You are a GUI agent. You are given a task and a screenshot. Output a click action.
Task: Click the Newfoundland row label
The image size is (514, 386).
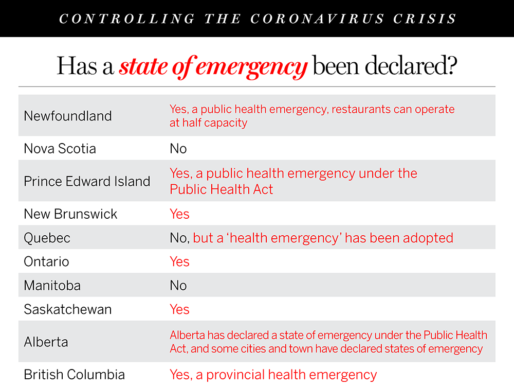pyautogui.click(x=67, y=116)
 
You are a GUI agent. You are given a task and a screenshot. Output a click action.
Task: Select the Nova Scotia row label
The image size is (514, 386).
pyautogui.click(x=60, y=149)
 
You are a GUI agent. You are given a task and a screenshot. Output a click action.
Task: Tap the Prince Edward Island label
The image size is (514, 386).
pyautogui.click(x=87, y=181)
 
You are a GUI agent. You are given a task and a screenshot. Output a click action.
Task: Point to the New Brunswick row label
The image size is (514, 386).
pyautogui.click(x=70, y=214)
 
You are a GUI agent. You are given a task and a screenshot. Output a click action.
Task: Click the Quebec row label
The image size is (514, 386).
pyautogui.click(x=47, y=238)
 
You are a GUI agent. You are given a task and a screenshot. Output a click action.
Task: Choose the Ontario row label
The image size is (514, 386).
pyautogui.click(x=46, y=261)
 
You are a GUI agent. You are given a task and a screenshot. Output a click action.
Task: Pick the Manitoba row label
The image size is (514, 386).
pyautogui.click(x=52, y=285)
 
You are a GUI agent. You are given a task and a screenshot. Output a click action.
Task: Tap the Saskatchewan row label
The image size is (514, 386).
pyautogui.click(x=67, y=309)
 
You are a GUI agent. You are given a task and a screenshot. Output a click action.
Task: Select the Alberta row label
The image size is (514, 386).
pyautogui.click(x=46, y=342)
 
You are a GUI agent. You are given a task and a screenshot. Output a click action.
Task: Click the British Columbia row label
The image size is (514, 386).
pyautogui.click(x=74, y=374)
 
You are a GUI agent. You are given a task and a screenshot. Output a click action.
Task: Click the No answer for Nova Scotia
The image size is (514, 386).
pyautogui.click(x=178, y=149)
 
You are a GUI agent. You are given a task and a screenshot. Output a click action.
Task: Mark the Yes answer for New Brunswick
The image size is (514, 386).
pyautogui.click(x=179, y=214)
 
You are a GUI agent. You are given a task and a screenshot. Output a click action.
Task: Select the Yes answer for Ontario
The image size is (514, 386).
pyautogui.click(x=179, y=261)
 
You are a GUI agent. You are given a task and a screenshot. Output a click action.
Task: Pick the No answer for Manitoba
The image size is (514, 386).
pyautogui.click(x=178, y=285)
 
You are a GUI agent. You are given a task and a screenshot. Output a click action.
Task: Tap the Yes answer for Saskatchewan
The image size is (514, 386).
pyautogui.click(x=179, y=309)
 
